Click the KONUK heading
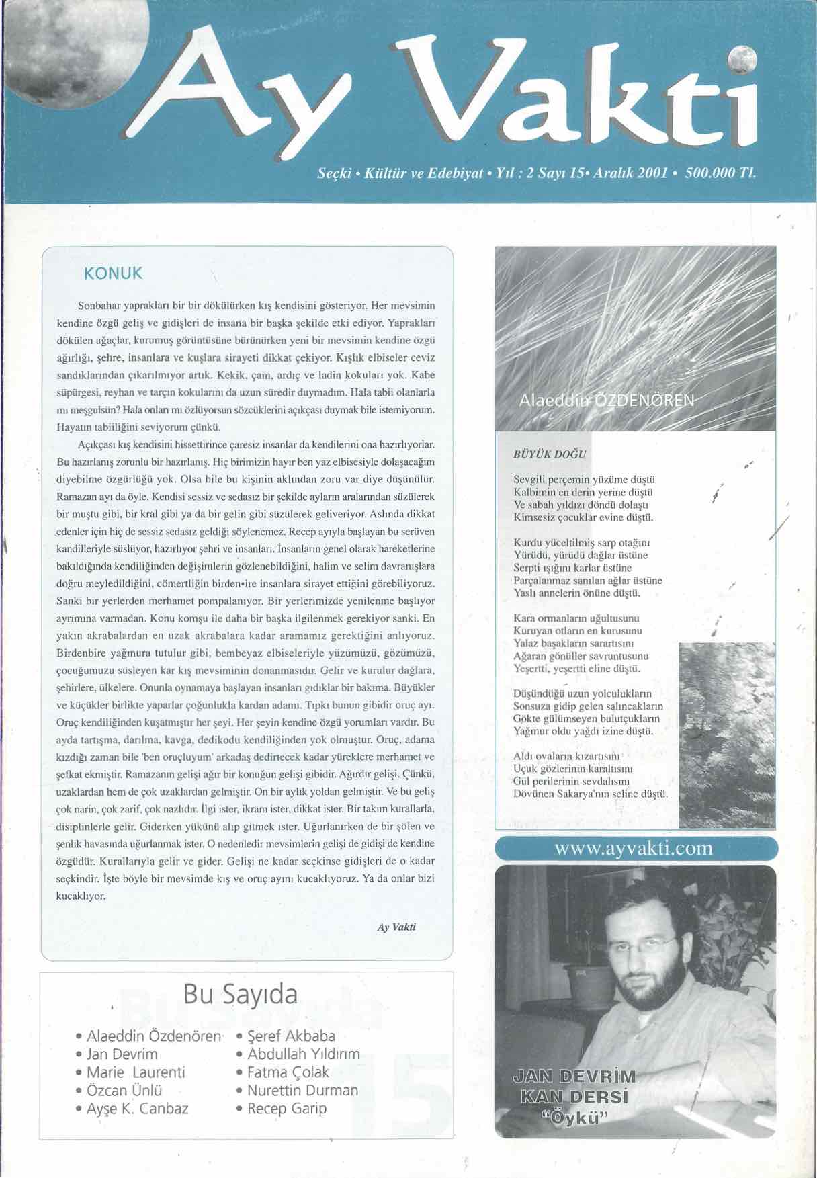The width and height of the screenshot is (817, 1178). click(x=113, y=274)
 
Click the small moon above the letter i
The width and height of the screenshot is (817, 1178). click(x=742, y=61)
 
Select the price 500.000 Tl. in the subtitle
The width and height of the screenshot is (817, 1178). click(x=720, y=173)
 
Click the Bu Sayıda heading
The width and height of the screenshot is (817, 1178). click(x=240, y=994)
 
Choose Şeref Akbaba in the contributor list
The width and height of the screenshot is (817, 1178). click(x=291, y=1036)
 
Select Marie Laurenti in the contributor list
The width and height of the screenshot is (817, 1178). click(x=136, y=1072)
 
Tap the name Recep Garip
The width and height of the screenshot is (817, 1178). click(x=287, y=1109)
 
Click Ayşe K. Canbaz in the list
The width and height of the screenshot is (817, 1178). click(x=138, y=1109)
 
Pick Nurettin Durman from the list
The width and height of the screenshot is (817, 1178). click(x=302, y=1091)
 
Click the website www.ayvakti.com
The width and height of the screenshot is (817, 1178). click(x=634, y=848)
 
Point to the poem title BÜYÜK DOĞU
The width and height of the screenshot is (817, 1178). click(x=550, y=454)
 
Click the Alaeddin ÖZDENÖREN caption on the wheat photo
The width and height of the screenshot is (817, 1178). click(x=607, y=401)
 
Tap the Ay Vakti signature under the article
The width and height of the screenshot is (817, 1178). click(x=396, y=927)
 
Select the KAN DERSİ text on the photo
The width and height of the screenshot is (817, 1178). click(x=574, y=1097)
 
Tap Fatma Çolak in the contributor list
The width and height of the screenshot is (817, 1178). click(x=288, y=1072)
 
